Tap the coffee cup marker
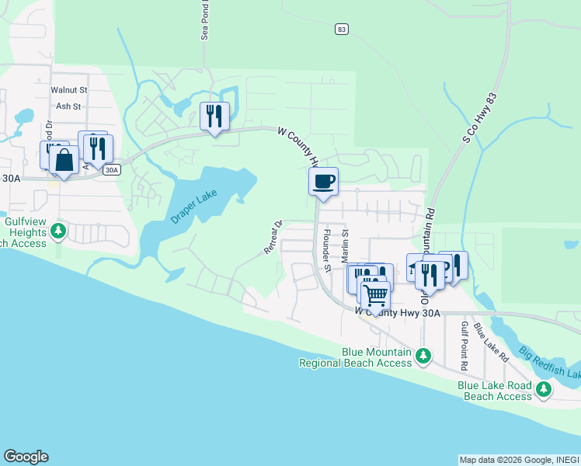click(323, 183)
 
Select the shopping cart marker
click(375, 295)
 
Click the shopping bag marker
click(64, 161)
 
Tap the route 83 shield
click(342, 29)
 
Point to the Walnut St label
click(68, 90)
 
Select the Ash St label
click(68, 106)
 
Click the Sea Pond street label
click(206, 20)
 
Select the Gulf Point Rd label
click(464, 346)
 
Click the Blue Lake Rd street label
click(491, 342)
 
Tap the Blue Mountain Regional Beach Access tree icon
click(423, 356)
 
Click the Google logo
click(26, 456)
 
